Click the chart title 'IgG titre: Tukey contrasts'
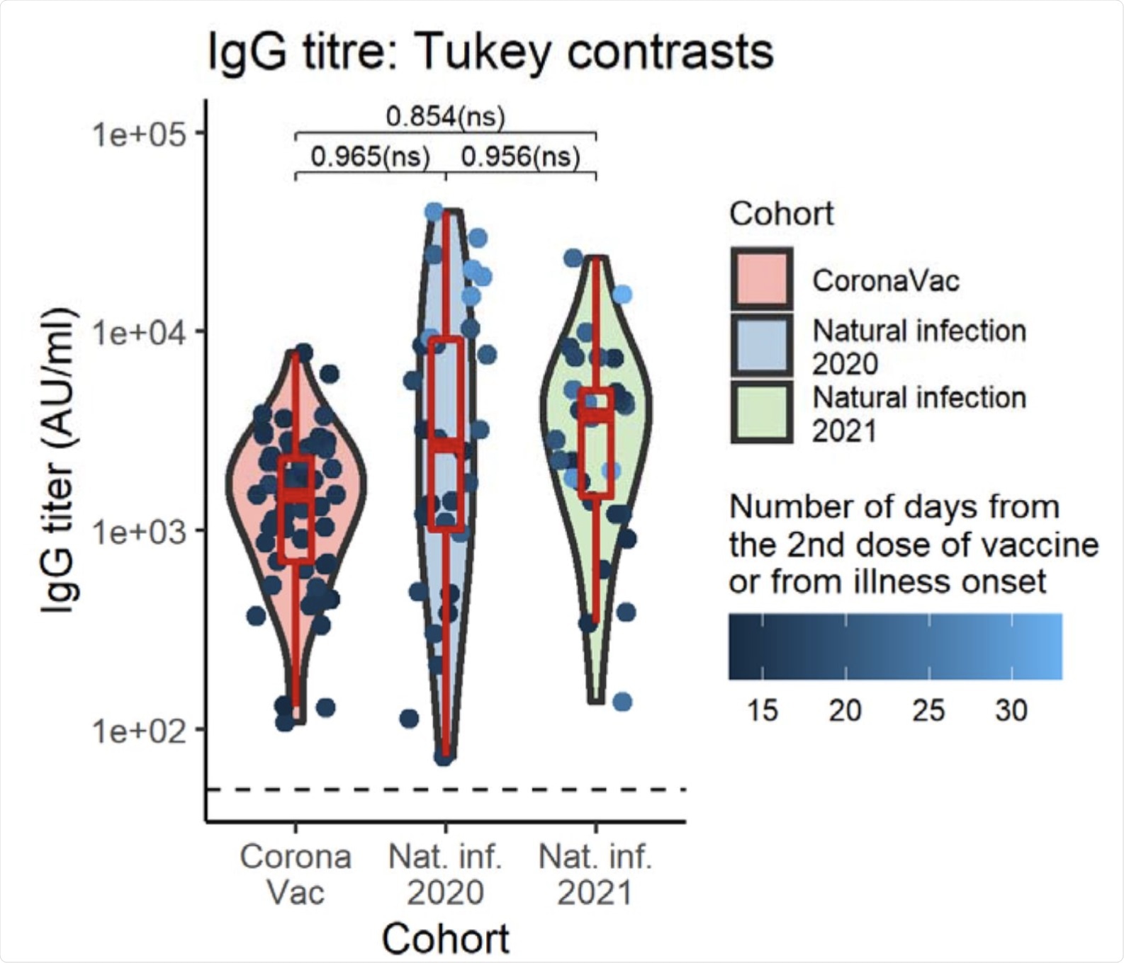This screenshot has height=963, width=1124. click(x=490, y=52)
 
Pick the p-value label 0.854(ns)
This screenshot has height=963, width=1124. click(x=445, y=116)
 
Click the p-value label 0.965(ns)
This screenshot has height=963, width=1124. click(x=371, y=156)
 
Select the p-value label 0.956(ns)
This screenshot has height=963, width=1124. click(x=520, y=156)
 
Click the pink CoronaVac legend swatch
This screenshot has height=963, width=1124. click(x=762, y=279)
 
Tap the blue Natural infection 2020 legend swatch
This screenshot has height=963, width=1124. click(x=762, y=346)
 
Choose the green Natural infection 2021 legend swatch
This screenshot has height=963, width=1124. click(x=762, y=412)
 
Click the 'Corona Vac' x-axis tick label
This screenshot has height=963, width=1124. click(x=296, y=874)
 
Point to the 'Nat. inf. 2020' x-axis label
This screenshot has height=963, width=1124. click(x=445, y=874)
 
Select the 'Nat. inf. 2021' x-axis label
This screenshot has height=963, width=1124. click(x=595, y=874)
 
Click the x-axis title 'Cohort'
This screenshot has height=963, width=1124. click(x=445, y=939)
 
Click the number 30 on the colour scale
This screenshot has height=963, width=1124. click(x=1011, y=710)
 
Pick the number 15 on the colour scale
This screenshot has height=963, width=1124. click(x=763, y=710)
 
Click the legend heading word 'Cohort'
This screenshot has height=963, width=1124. click(x=781, y=213)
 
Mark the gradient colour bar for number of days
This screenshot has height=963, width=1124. click(x=895, y=646)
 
